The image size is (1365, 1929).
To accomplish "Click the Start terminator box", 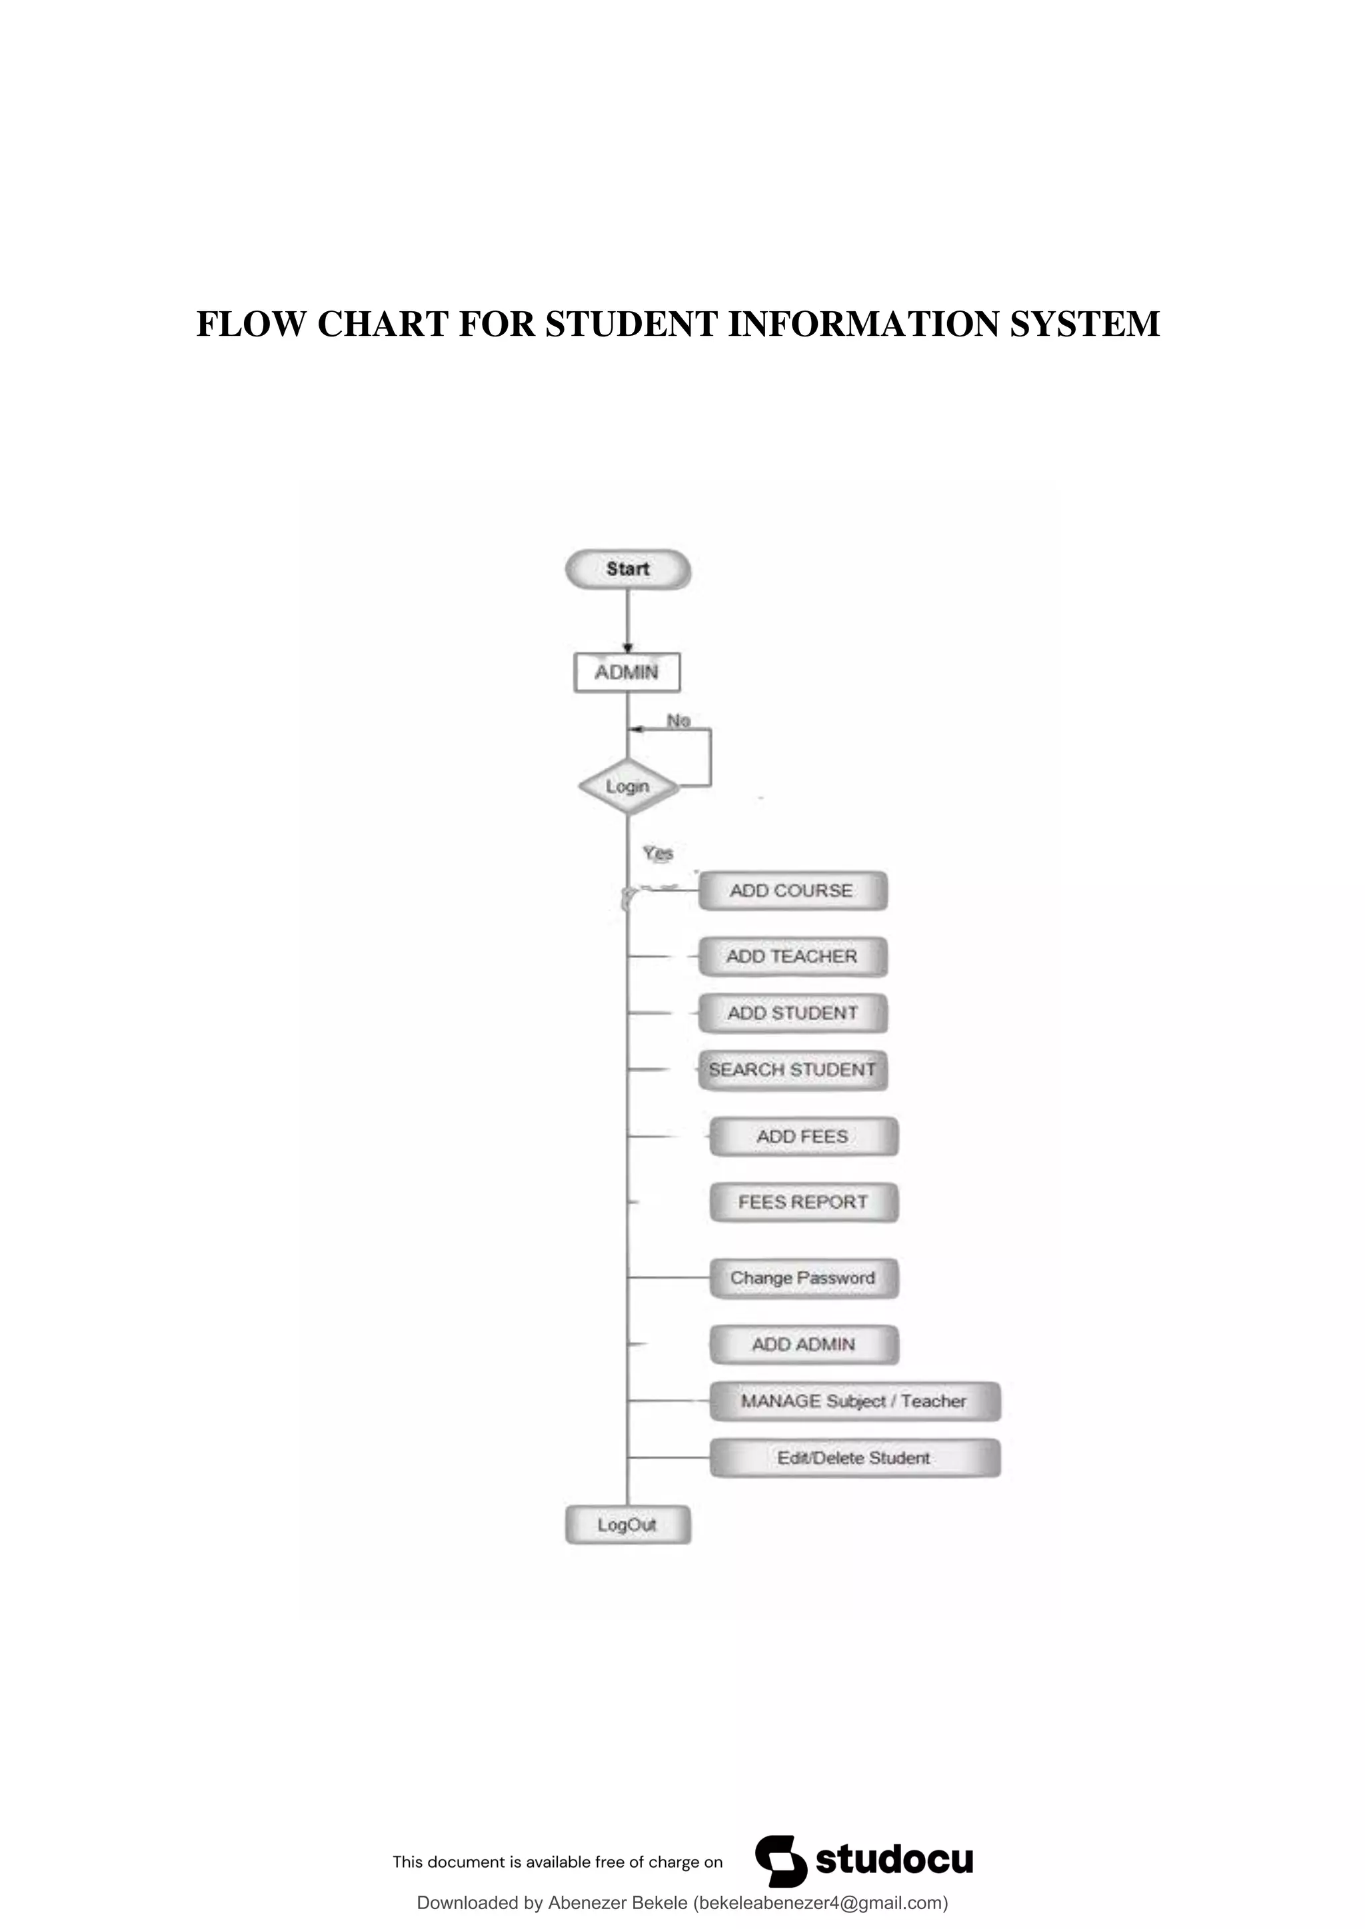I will [x=628, y=570].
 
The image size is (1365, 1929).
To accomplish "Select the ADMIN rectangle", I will [x=627, y=672].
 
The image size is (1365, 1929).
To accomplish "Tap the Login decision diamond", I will [x=628, y=786].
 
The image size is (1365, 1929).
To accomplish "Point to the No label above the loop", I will [x=679, y=721].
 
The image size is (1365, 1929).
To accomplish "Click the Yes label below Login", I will [x=658, y=853].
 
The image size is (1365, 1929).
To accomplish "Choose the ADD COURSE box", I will [x=792, y=891].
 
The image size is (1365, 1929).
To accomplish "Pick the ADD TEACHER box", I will [x=792, y=956].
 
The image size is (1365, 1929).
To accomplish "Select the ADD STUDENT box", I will [x=792, y=1013].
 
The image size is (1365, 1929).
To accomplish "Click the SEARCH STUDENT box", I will [x=792, y=1069].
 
